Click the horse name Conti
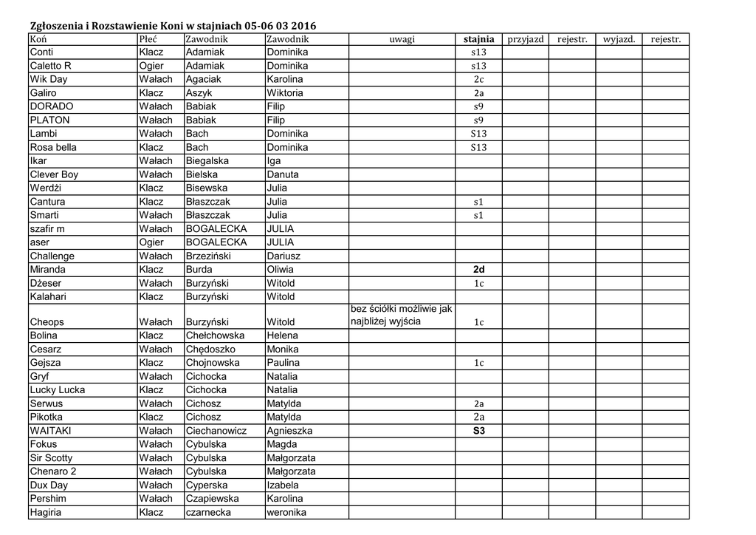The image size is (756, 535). [x=41, y=52]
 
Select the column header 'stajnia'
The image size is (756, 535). [x=478, y=39]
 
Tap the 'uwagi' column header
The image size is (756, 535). [x=402, y=39]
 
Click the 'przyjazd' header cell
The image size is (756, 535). [x=526, y=39]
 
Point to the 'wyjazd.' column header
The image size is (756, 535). [x=619, y=39]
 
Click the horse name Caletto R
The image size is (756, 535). [x=51, y=66]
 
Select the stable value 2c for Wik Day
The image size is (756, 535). [x=478, y=80]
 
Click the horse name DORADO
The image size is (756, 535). [x=52, y=106]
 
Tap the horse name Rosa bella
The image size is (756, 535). [x=53, y=147]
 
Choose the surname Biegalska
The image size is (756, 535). [x=207, y=160]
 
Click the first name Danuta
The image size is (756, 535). [x=283, y=174]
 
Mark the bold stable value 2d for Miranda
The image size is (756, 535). [x=478, y=270]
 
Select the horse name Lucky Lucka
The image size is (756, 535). [x=58, y=389]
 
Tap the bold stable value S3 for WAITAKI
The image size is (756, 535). [x=478, y=430]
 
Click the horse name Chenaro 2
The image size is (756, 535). [x=53, y=471]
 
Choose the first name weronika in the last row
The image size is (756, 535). [x=286, y=512]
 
